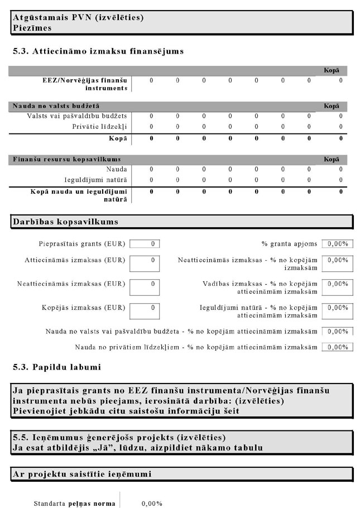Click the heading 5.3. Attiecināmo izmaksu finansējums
pos(98,51)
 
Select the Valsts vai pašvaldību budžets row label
pos(77,116)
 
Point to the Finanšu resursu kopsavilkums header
pos(67,159)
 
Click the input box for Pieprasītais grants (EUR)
pos(144,244)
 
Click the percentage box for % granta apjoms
pos(338,244)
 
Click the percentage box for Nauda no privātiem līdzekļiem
pos(338,347)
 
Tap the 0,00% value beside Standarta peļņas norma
pos(152,504)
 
